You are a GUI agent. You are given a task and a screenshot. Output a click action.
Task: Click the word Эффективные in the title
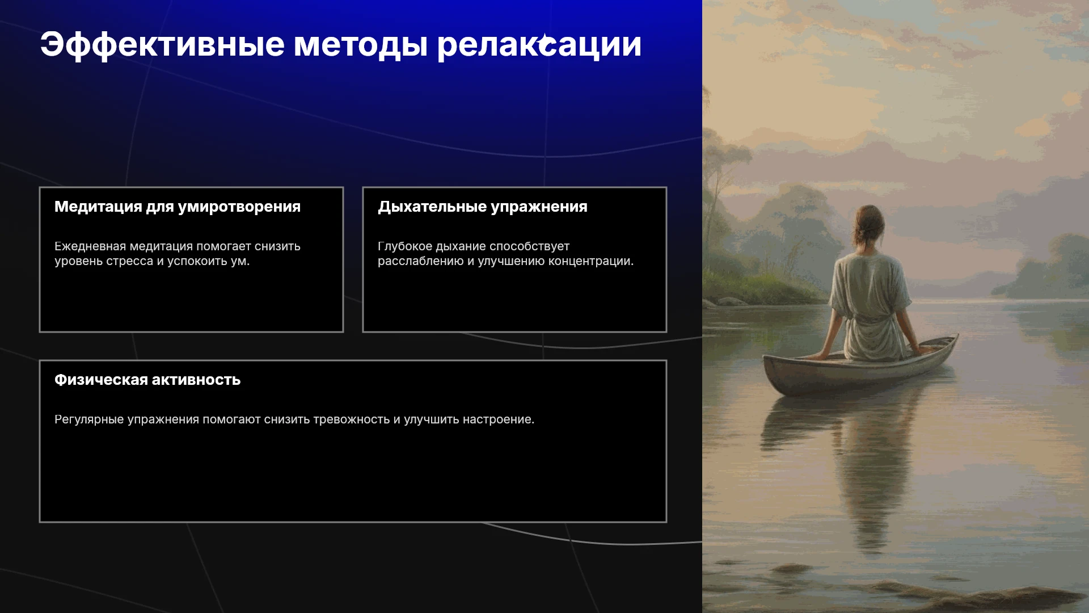click(162, 45)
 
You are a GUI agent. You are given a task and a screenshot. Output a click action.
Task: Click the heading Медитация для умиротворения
click(178, 207)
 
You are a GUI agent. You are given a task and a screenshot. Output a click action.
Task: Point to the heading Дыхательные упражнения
click(483, 207)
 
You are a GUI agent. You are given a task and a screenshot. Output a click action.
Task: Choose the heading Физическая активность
click(147, 380)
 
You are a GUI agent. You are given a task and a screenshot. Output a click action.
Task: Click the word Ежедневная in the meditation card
click(90, 246)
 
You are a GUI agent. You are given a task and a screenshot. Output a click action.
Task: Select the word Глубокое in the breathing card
click(405, 247)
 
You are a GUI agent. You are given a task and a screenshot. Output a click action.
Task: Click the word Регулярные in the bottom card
click(89, 420)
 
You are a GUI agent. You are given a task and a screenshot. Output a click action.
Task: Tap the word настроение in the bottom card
click(499, 420)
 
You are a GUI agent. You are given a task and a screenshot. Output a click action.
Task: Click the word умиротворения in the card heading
click(239, 207)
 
